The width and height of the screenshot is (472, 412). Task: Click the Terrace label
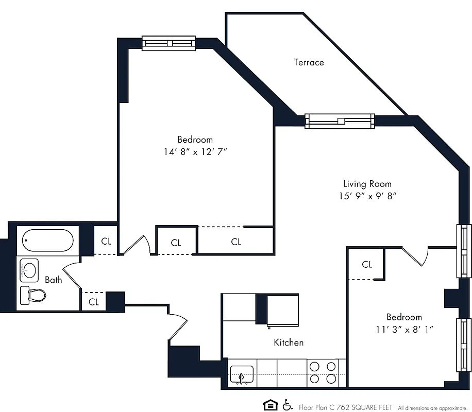pyautogui.click(x=309, y=62)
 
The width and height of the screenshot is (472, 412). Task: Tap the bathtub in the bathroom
pyautogui.click(x=47, y=240)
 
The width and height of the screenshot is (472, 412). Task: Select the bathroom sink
pyautogui.click(x=29, y=269)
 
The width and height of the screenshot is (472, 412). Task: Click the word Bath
pyautogui.click(x=54, y=280)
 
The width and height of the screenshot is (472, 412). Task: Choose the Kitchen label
pyautogui.click(x=289, y=342)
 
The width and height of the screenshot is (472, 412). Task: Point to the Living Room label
pyautogui.click(x=367, y=184)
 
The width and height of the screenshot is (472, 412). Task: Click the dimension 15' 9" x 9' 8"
pyautogui.click(x=367, y=196)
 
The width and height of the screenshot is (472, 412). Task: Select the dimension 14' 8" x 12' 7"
pyautogui.click(x=195, y=152)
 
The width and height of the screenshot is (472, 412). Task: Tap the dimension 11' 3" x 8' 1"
pyautogui.click(x=404, y=330)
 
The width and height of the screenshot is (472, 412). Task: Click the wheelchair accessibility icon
pyautogui.click(x=287, y=405)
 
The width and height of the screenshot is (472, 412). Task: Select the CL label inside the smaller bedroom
pyautogui.click(x=367, y=265)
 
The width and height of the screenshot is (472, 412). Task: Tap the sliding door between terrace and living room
pyautogui.click(x=340, y=121)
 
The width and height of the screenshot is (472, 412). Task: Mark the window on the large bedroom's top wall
pyautogui.click(x=170, y=43)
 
